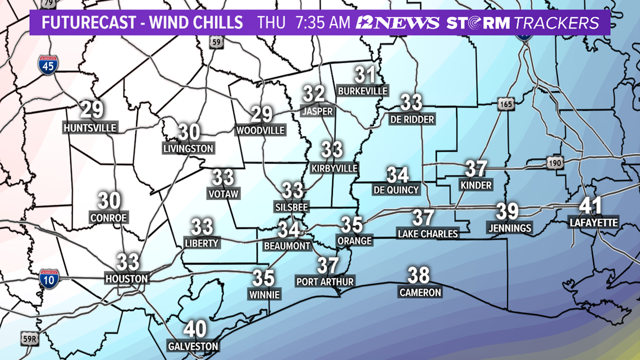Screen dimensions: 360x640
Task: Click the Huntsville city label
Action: pyautogui.click(x=90, y=128)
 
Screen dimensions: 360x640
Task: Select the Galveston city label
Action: pyautogui.click(x=193, y=347)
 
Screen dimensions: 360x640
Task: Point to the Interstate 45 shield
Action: pyautogui.click(x=48, y=65)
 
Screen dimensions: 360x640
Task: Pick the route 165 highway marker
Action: pyautogui.click(x=504, y=103)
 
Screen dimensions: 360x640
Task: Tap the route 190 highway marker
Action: pyautogui.click(x=553, y=163)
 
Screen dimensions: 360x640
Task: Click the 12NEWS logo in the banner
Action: pyautogui.click(x=397, y=23)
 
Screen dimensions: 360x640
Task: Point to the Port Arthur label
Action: pyautogui.click(x=325, y=281)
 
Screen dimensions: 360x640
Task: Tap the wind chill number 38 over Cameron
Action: pyautogui.click(x=419, y=275)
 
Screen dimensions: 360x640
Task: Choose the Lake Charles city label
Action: pyautogui.click(x=428, y=233)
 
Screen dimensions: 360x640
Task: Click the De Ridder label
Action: pyautogui.click(x=412, y=119)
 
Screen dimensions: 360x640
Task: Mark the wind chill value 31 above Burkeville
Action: pyautogui.click(x=365, y=74)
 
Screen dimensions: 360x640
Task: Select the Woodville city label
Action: pyautogui.click(x=261, y=130)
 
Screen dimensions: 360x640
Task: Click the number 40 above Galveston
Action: pyautogui.click(x=195, y=329)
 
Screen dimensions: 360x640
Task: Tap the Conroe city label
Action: pyautogui.click(x=109, y=217)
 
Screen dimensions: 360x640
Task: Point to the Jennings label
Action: pyautogui.click(x=509, y=227)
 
